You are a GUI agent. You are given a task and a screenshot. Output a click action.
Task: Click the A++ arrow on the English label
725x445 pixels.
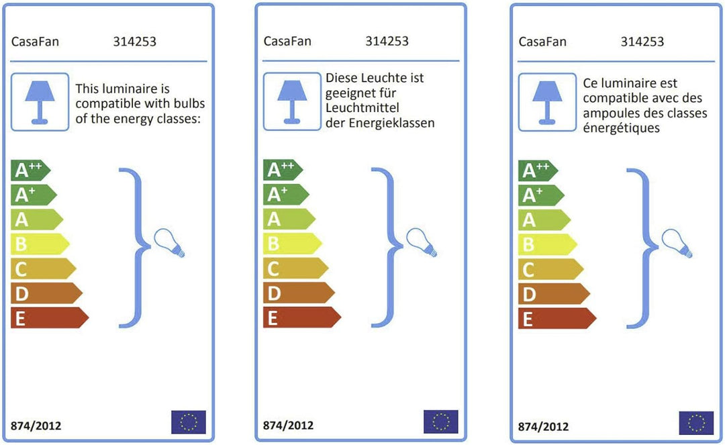point(30,170)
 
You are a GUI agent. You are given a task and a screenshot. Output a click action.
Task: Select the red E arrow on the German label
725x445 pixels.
point(302,317)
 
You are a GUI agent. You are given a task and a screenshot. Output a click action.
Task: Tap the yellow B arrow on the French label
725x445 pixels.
point(548,244)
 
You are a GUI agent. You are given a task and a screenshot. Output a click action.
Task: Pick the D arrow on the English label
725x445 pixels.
point(46,293)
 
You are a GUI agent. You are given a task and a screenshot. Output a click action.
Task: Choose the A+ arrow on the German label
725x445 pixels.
point(286,195)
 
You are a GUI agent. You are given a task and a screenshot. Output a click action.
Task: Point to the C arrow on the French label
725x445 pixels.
point(550,269)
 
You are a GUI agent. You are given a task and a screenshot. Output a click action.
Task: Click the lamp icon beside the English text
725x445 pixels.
point(40,101)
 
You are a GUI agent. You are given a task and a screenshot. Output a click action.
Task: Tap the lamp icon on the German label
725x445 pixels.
point(292,101)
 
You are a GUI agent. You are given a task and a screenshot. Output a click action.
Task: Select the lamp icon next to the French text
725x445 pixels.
point(548,102)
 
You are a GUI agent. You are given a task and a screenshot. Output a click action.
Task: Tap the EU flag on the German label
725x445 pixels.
point(440,422)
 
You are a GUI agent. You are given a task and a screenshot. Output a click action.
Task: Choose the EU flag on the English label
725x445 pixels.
point(189,422)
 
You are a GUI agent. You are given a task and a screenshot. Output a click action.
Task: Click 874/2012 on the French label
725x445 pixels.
point(543,426)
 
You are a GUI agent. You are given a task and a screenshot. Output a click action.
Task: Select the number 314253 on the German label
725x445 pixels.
point(387,41)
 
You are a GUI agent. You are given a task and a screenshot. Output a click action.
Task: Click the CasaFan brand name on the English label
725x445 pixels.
point(35,42)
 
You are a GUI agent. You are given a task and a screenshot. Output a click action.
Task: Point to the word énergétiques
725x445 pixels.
point(621,128)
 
